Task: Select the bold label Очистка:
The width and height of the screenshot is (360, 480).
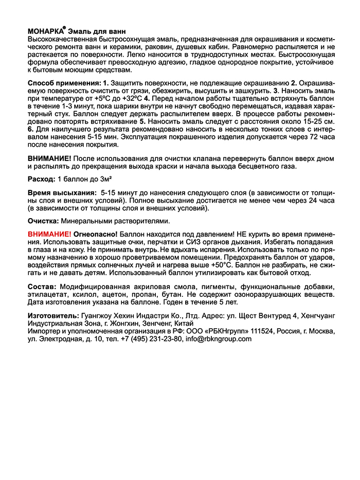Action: (x=43, y=220)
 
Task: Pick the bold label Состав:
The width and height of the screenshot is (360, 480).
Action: (x=42, y=286)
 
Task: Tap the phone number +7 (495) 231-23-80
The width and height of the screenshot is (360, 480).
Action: (x=151, y=339)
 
